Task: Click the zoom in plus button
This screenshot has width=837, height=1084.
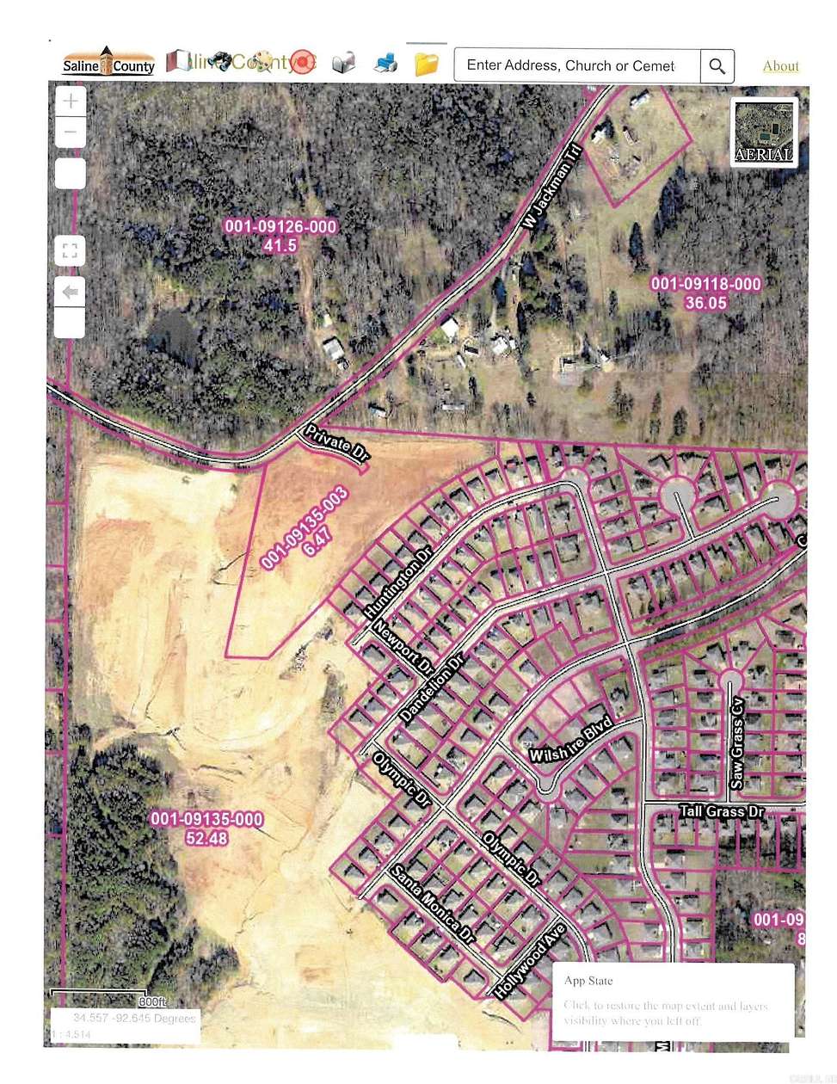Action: tap(71, 102)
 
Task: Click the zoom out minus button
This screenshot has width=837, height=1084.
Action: tap(71, 132)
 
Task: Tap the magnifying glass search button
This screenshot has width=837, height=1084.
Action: tap(717, 65)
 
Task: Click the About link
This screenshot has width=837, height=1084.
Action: tap(780, 66)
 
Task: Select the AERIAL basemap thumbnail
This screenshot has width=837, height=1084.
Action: tap(764, 131)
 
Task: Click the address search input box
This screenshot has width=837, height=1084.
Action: tap(576, 65)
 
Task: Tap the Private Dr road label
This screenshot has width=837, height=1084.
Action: tap(335, 443)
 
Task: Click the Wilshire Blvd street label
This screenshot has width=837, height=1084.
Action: tap(570, 740)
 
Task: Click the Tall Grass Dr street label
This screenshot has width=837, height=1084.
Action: tap(721, 811)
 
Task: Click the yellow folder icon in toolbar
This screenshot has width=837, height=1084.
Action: tap(426, 64)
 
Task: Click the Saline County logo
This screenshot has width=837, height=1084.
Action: tap(108, 63)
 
